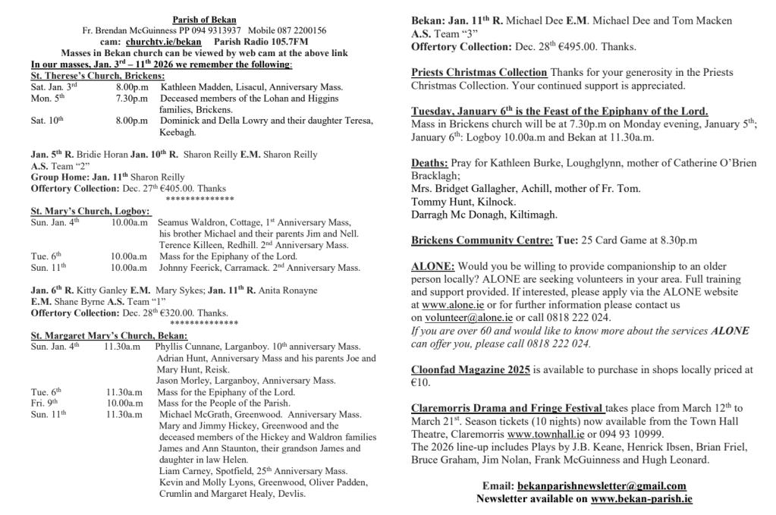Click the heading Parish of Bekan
[x=203, y=19]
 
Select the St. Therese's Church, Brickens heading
[x=97, y=77]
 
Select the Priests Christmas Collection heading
[x=479, y=73]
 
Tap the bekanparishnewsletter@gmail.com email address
[x=602, y=485]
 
